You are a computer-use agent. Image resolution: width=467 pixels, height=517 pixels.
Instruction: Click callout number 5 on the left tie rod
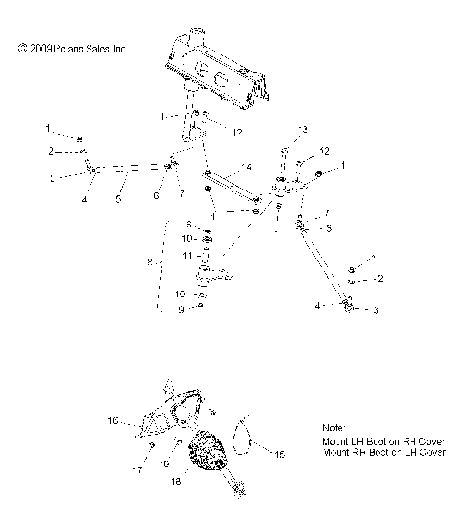click(120, 198)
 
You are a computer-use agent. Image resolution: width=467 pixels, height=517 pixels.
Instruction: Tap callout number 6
click(156, 195)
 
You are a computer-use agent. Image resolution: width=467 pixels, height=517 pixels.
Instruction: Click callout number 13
click(303, 129)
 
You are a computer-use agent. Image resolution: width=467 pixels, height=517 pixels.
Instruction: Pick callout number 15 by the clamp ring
click(282, 453)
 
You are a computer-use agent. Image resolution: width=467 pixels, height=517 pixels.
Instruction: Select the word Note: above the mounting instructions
click(334, 428)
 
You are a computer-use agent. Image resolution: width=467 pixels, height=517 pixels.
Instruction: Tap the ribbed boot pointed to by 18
click(205, 455)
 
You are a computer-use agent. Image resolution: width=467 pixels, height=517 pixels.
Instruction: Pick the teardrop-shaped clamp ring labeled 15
click(247, 431)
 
